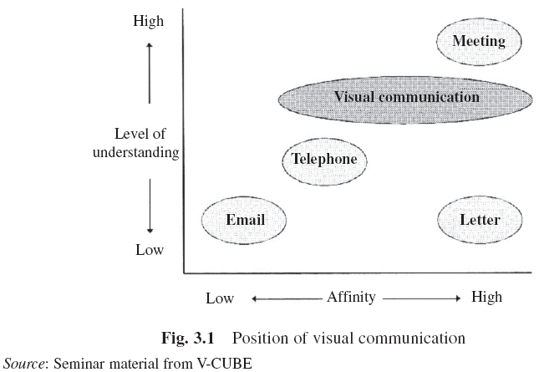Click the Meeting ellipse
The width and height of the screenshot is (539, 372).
[x=479, y=42]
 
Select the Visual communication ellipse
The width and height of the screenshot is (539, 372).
[x=407, y=97]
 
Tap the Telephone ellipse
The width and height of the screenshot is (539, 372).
[x=325, y=160]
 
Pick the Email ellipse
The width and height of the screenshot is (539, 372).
[x=245, y=220]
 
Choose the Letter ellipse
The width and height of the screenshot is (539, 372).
[x=480, y=220]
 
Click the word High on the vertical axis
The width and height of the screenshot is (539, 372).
[x=149, y=21]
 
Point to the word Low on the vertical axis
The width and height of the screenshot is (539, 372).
[x=150, y=250]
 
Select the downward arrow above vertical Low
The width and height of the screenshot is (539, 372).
[x=149, y=206]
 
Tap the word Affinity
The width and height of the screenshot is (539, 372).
[x=350, y=297]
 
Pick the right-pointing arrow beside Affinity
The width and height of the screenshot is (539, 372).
[x=422, y=298]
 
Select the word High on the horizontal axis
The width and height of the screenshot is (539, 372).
[x=487, y=298]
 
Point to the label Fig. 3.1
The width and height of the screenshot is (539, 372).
[x=190, y=339]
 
